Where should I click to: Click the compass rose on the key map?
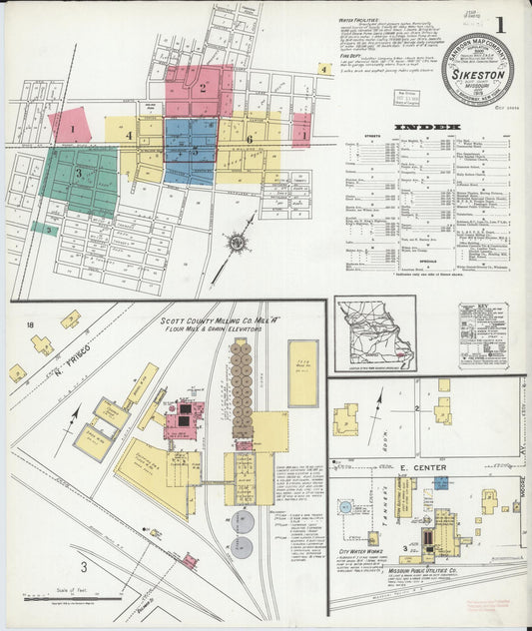(237, 242)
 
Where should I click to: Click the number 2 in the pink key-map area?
(201, 88)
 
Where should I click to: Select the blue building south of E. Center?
(440, 483)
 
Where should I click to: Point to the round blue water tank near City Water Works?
(345, 506)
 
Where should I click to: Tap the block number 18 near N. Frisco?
(31, 325)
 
